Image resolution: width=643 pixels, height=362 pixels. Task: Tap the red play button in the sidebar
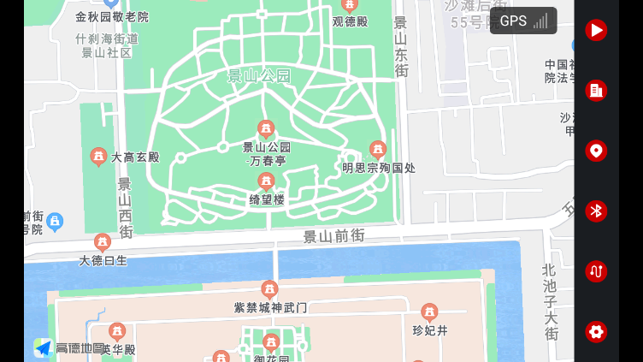pyautogui.click(x=596, y=30)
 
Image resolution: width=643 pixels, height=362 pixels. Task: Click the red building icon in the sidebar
pyautogui.click(x=596, y=90)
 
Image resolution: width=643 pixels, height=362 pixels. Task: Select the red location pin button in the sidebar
pyautogui.click(x=596, y=151)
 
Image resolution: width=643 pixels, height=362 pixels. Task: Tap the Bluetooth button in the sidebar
pyautogui.click(x=596, y=211)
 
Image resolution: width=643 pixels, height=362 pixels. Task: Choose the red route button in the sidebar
pyautogui.click(x=596, y=271)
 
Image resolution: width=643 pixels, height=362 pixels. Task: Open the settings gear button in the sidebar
pyautogui.click(x=596, y=331)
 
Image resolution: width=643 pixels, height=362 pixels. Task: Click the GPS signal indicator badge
pyautogui.click(x=523, y=21)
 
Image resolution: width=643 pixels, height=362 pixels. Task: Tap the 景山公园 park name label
pyautogui.click(x=259, y=76)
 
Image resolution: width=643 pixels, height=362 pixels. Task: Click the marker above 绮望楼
pyautogui.click(x=266, y=181)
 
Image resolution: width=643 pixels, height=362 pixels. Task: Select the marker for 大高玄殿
pyautogui.click(x=98, y=157)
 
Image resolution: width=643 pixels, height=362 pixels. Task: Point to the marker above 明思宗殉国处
pyautogui.click(x=377, y=150)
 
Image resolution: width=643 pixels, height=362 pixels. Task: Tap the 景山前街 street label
pyautogui.click(x=333, y=234)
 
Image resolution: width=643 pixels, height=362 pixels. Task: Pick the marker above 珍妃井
pyautogui.click(x=429, y=312)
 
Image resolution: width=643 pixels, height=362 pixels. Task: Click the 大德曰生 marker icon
pyautogui.click(x=103, y=242)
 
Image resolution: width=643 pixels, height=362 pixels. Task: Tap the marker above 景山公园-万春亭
pyautogui.click(x=266, y=128)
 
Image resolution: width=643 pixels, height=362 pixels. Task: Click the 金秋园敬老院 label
pyautogui.click(x=111, y=16)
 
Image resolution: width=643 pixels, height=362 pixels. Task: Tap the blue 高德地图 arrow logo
pyautogui.click(x=43, y=348)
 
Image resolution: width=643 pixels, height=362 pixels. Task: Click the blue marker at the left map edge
pyautogui.click(x=55, y=222)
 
